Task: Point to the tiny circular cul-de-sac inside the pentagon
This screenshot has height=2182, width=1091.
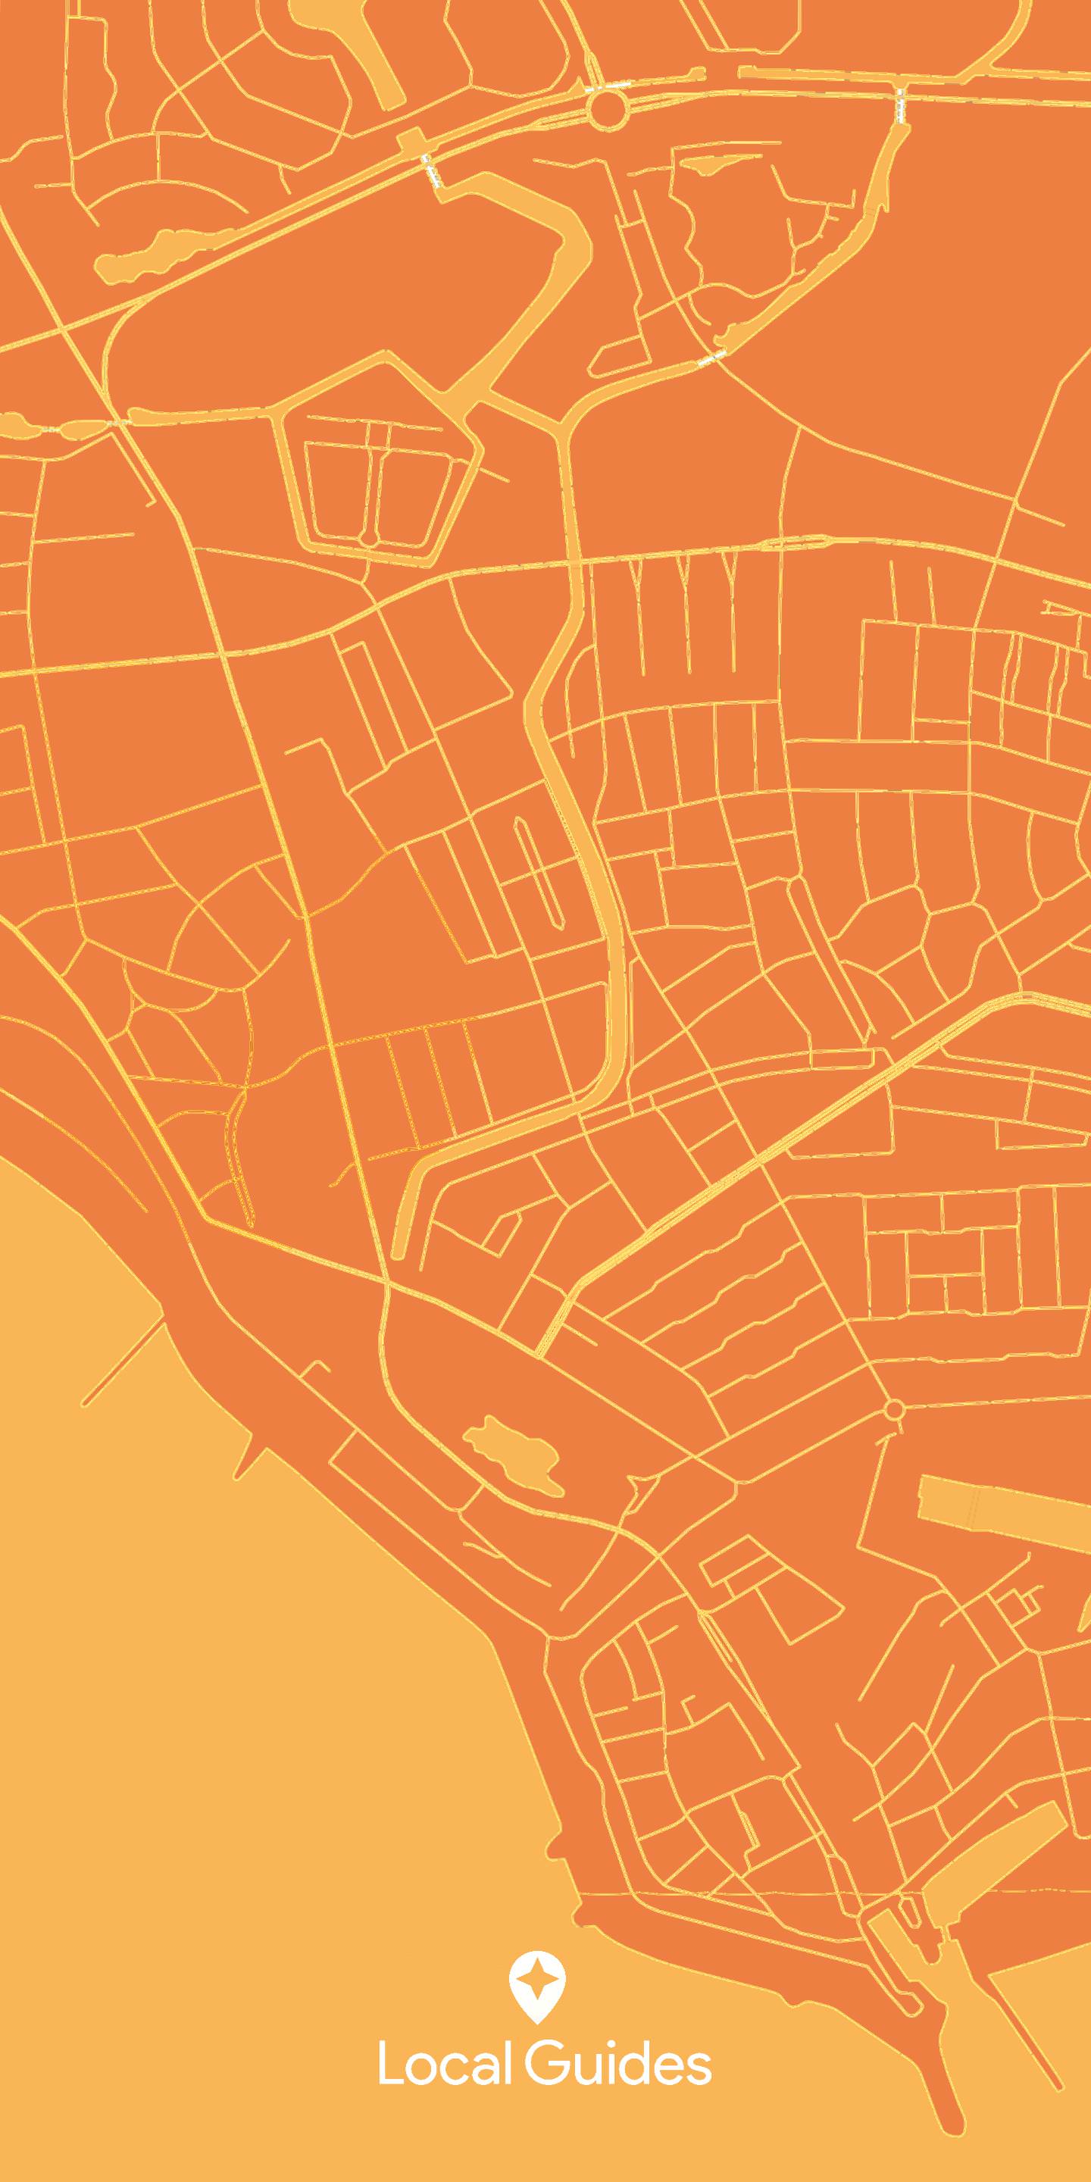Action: pos(370,539)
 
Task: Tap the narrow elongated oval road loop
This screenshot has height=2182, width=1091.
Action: pos(537,873)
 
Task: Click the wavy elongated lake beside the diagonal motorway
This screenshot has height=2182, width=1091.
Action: pos(152,257)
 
